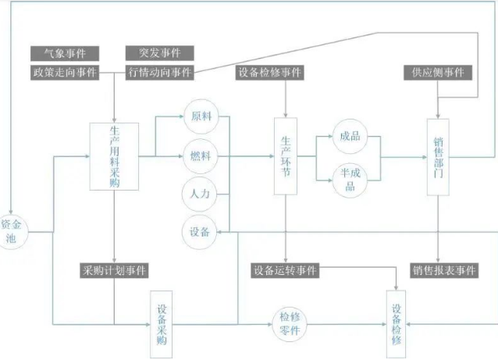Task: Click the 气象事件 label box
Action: pos(65,53)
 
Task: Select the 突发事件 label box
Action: pos(159,53)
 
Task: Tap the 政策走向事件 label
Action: pos(65,73)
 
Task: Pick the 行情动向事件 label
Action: pos(159,73)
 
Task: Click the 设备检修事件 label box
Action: pos(269,73)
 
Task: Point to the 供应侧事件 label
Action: pos(437,73)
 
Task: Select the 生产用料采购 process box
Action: pos(115,156)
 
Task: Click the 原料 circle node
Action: pos(200,117)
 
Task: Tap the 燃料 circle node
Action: pos(200,155)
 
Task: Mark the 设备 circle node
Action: pos(200,231)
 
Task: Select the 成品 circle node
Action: pos(349,137)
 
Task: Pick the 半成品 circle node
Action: pos(349,179)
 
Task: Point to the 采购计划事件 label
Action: pos(115,271)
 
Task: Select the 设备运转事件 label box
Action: pos(285,271)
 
